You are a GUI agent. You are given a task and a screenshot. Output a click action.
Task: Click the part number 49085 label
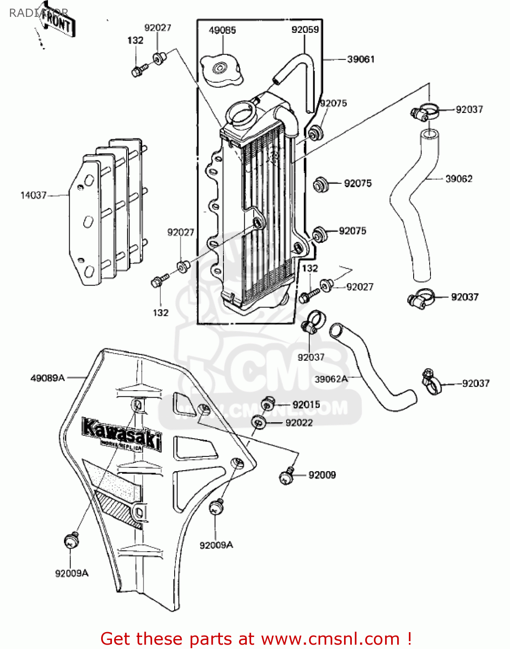click(x=222, y=30)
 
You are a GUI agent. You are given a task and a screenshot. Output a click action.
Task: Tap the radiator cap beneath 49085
click(x=221, y=71)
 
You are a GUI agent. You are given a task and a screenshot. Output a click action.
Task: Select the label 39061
click(x=361, y=59)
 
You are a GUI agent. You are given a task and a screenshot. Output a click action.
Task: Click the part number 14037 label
click(x=33, y=195)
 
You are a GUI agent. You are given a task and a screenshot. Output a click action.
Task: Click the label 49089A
click(x=48, y=378)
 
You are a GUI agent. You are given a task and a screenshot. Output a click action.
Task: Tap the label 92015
click(x=306, y=405)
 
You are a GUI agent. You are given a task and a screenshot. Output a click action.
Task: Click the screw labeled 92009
click(x=287, y=476)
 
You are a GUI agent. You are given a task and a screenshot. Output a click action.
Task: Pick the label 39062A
click(x=331, y=379)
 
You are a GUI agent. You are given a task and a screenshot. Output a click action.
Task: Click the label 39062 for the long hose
click(x=459, y=179)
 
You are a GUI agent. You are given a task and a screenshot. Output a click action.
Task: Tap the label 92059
click(x=305, y=29)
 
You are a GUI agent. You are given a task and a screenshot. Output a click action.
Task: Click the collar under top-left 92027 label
click(x=159, y=58)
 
